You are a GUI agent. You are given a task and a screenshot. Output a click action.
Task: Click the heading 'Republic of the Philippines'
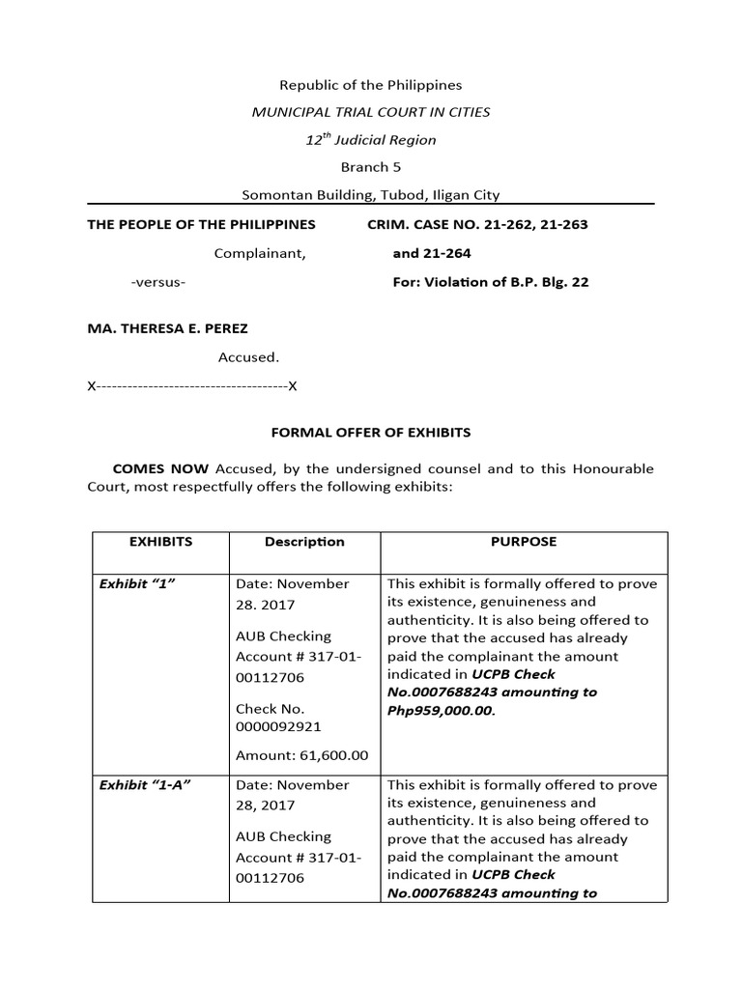pyautogui.click(x=371, y=85)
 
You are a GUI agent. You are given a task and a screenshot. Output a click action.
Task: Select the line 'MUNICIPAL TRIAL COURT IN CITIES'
pyautogui.click(x=371, y=112)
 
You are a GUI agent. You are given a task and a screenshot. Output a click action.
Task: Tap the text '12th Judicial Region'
pyautogui.click(x=371, y=140)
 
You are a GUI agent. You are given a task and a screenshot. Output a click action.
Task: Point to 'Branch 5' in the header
pyautogui.click(x=371, y=167)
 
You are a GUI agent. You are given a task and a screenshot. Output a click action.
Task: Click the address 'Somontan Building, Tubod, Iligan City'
pyautogui.click(x=371, y=195)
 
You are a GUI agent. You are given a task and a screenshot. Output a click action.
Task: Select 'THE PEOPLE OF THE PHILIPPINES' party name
pyautogui.click(x=202, y=225)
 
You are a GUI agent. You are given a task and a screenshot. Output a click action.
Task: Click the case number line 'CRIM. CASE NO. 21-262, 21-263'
pyautogui.click(x=477, y=225)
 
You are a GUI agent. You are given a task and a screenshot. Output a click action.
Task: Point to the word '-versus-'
pyautogui.click(x=158, y=283)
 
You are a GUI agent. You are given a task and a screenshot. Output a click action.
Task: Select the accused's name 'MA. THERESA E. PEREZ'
pyautogui.click(x=168, y=329)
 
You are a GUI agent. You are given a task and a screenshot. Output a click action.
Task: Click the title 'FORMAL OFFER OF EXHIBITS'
pyautogui.click(x=371, y=434)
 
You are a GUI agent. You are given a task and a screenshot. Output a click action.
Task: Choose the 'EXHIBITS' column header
pyautogui.click(x=160, y=542)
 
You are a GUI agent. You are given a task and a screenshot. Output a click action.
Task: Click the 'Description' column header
pyautogui.click(x=304, y=542)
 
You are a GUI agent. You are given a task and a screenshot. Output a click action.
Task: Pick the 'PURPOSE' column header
pyautogui.click(x=524, y=542)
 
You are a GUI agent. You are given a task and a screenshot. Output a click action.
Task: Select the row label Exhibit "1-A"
pyautogui.click(x=145, y=785)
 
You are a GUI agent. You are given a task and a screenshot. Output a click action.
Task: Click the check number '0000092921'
pyautogui.click(x=278, y=726)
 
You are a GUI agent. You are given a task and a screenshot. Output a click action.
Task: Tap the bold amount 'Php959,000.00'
pyautogui.click(x=439, y=710)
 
